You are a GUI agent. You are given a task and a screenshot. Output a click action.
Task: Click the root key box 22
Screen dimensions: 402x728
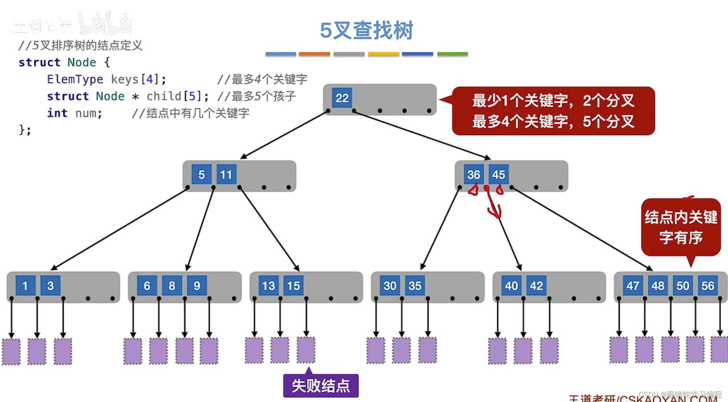point(342,98)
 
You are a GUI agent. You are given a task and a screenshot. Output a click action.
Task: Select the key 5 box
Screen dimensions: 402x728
point(201,174)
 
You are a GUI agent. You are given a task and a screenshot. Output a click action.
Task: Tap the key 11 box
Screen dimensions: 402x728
point(226,174)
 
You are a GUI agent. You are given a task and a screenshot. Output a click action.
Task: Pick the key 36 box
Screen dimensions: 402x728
point(473,174)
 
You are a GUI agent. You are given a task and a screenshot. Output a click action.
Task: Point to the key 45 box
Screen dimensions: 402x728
point(498,174)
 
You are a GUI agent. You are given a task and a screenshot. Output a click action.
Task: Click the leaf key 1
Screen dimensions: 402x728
point(25,285)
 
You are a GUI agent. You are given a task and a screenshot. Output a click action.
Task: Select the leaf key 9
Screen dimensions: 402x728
point(197,285)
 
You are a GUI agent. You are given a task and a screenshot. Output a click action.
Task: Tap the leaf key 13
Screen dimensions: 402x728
point(268,285)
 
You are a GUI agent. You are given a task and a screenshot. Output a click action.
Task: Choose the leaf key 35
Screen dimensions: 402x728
point(415,285)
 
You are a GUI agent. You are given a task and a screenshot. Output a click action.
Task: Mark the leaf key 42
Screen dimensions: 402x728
point(536,285)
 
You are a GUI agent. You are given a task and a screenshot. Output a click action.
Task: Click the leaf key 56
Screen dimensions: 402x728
point(708,285)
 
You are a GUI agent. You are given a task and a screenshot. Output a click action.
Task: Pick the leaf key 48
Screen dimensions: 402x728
point(658,285)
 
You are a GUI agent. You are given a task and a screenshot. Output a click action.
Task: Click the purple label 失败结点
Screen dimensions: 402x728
point(321,385)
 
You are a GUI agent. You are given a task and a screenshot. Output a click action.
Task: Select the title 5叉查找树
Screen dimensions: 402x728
point(366,30)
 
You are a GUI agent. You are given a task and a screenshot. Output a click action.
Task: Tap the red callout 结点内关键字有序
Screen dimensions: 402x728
point(681,227)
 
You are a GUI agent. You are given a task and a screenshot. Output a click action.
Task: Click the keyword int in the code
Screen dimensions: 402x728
point(57,113)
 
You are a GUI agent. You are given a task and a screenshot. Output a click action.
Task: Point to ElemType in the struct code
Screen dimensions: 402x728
point(75,79)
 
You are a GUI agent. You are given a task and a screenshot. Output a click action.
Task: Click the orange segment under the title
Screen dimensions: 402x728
point(314,54)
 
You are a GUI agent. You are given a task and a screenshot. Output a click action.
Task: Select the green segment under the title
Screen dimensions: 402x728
point(452,54)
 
